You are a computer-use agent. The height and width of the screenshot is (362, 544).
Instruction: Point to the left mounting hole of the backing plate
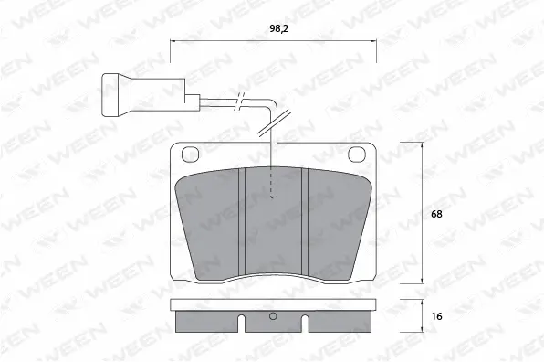click(x=192, y=154)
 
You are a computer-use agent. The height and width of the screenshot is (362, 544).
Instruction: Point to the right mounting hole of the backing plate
click(x=357, y=154)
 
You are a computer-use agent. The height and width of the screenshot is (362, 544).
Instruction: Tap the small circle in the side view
click(x=272, y=318)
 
